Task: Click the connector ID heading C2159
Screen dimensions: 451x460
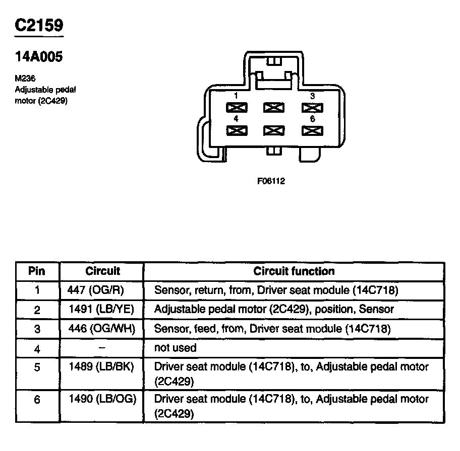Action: pyautogui.click(x=39, y=26)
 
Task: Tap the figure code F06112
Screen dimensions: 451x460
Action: pyautogui.click(x=271, y=181)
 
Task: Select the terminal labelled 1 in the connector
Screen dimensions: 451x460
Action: pyautogui.click(x=236, y=107)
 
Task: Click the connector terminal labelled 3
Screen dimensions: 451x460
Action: pyautogui.click(x=312, y=107)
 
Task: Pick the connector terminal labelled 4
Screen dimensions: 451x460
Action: pyautogui.click(x=236, y=130)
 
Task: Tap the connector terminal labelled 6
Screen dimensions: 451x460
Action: pyautogui.click(x=312, y=130)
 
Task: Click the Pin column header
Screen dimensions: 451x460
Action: pyautogui.click(x=36, y=271)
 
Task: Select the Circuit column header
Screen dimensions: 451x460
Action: pyautogui.click(x=103, y=271)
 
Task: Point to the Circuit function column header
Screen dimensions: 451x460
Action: pyautogui.click(x=294, y=271)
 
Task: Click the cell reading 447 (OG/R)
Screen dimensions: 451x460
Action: pyautogui.click(x=95, y=290)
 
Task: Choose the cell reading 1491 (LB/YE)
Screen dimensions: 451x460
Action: pyautogui.click(x=100, y=309)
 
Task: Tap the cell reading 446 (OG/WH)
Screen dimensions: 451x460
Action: pyautogui.click(x=101, y=329)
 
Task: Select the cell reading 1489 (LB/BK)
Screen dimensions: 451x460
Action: pyautogui.click(x=100, y=367)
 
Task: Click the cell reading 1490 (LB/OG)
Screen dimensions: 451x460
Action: pyautogui.click(x=101, y=399)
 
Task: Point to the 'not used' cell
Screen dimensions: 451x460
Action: pyautogui.click(x=175, y=347)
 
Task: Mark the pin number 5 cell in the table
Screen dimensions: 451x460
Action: pyautogui.click(x=37, y=367)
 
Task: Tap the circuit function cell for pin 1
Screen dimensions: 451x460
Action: pyautogui.click(x=276, y=290)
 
